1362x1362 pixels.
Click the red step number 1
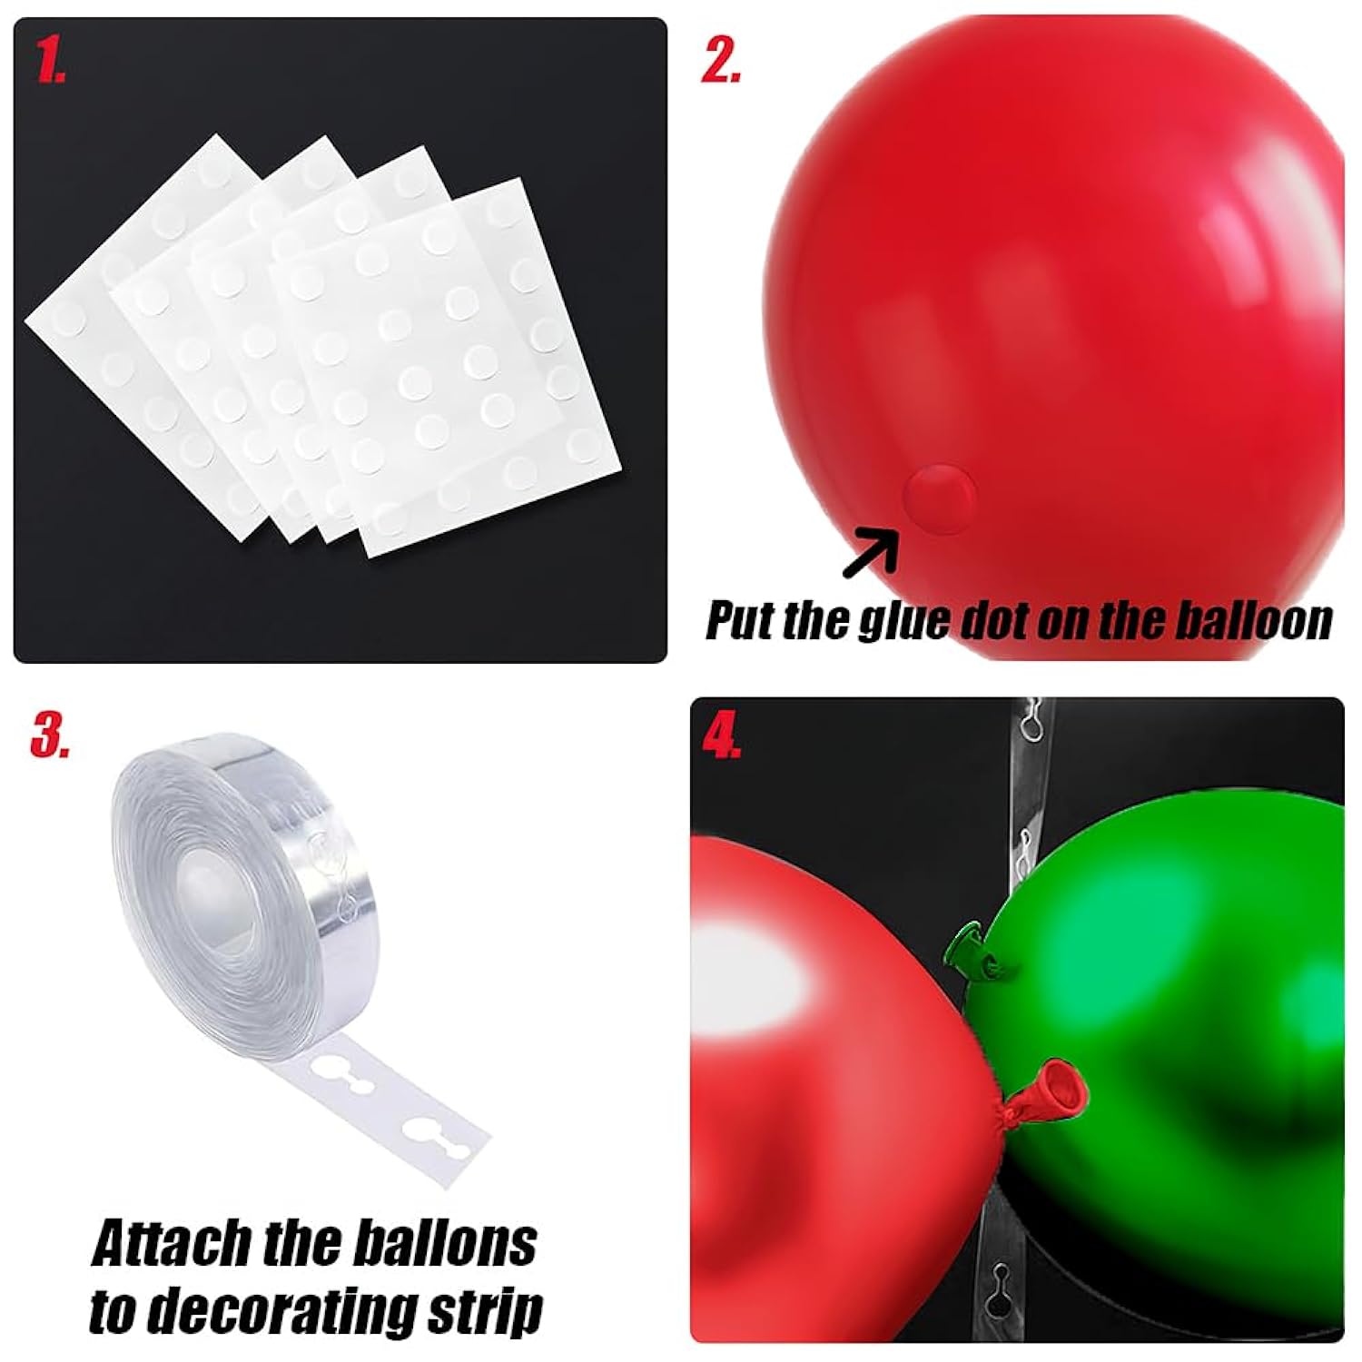tap(51, 62)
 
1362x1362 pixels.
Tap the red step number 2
tap(722, 62)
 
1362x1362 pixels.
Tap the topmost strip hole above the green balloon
tap(1030, 722)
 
